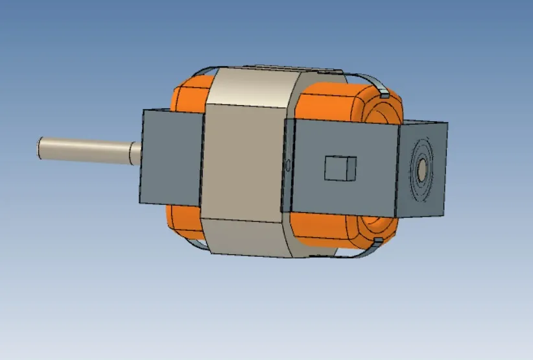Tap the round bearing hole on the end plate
[421, 171]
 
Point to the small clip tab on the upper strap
[383, 95]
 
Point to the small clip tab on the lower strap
[377, 241]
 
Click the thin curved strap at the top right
[370, 80]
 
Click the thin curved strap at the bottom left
[195, 243]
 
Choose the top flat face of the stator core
[253, 81]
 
